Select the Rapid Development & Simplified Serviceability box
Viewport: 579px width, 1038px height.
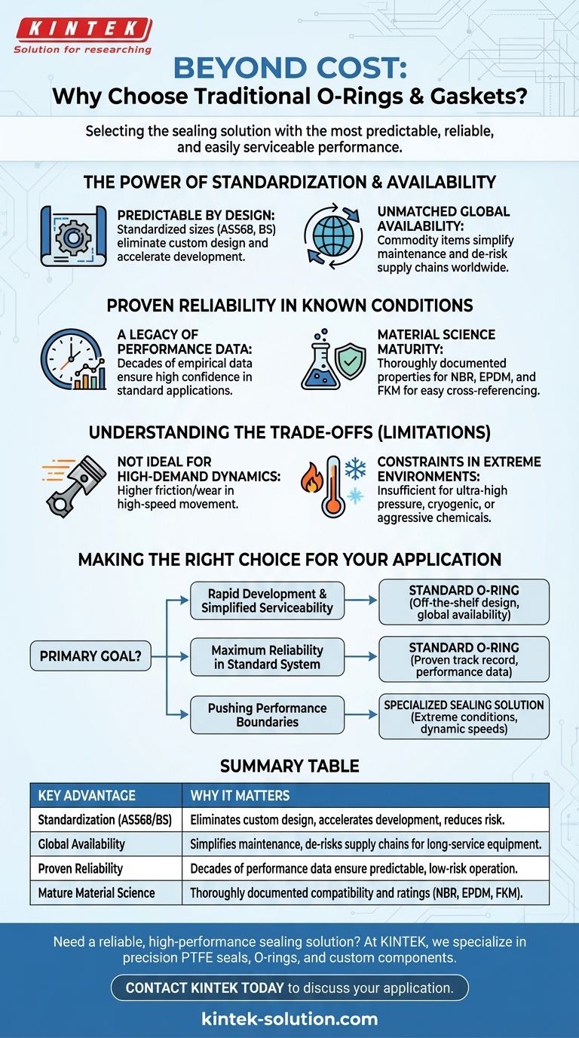266,600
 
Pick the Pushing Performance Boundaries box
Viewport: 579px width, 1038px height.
266,714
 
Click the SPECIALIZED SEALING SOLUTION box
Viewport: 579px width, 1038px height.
464,716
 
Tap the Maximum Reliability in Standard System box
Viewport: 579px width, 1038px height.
266,657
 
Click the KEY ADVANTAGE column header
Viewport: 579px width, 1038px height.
87,795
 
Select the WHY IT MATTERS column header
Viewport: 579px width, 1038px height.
240,795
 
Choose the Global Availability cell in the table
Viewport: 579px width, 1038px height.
81,844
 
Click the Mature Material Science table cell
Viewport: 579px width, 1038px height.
96,892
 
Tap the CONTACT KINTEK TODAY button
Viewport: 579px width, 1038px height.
289,987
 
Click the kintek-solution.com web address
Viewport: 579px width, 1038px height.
289,1019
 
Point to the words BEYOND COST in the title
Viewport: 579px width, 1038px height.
289,69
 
